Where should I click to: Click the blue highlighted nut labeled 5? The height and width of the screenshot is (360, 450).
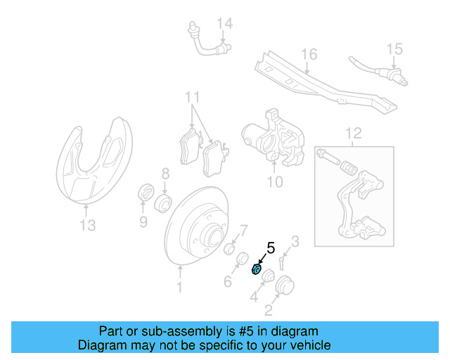tap(257, 269)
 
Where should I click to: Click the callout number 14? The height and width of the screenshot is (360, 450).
tap(224, 24)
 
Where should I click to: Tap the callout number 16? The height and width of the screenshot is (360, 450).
tap(309, 54)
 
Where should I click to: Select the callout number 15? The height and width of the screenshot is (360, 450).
tap(394, 49)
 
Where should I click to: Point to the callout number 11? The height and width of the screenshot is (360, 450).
tap(193, 97)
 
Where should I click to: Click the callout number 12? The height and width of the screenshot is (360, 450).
tap(353, 132)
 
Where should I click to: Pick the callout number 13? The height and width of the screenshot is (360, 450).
tap(86, 226)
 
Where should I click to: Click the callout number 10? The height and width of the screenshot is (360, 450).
tap(274, 182)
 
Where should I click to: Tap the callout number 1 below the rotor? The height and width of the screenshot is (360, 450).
tap(179, 287)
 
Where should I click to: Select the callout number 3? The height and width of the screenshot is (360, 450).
tap(295, 243)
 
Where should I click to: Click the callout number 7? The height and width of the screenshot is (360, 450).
tap(244, 230)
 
